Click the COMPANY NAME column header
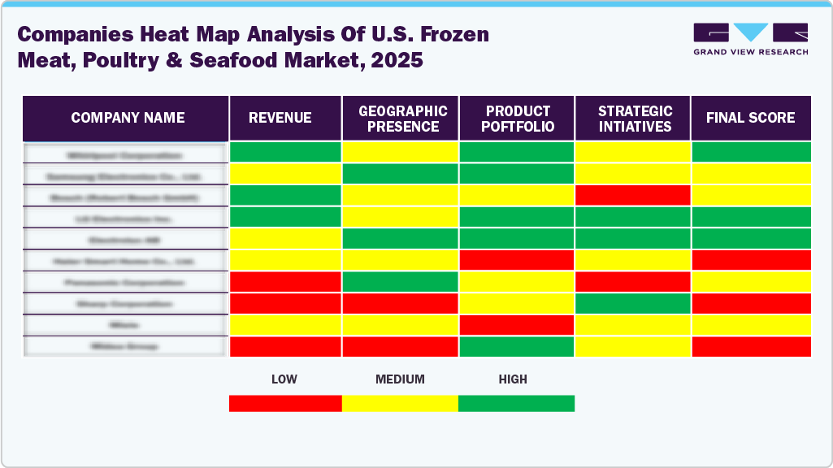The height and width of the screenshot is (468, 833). coord(128,118)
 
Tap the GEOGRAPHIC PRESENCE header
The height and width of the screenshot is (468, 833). coord(403,118)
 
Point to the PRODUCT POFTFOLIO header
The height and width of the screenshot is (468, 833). coord(518,118)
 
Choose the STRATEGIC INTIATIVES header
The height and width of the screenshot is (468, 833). coord(635,118)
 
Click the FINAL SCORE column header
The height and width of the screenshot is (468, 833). coord(750,118)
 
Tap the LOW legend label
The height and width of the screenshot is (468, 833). coord(284,379)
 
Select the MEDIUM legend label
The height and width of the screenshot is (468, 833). coord(400,379)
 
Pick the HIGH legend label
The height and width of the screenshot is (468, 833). coord(513,379)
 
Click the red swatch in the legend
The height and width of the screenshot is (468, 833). coord(285,403)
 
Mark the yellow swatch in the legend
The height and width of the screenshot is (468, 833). coord(400,403)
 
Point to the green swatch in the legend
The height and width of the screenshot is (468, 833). coord(516,403)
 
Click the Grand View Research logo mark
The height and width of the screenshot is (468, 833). coord(750,32)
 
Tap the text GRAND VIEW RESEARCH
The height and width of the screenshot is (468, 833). coord(750,52)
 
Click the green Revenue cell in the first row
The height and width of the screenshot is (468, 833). coord(285,152)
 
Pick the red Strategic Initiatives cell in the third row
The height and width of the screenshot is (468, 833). coord(632,195)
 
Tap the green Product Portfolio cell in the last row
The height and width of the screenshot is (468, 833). coord(517,346)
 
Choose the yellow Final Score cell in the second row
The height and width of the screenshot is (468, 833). coord(751,173)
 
